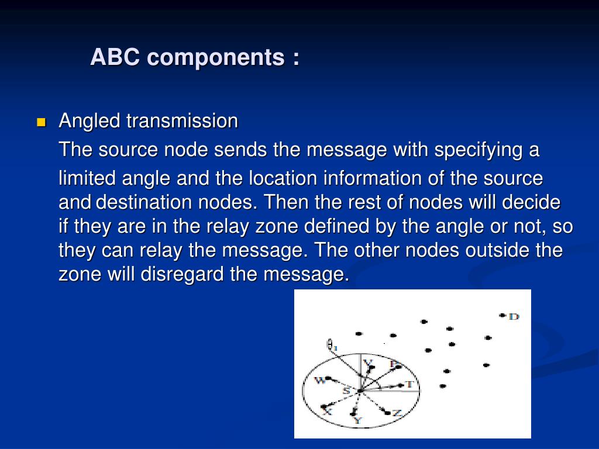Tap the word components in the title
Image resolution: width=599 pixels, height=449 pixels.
(x=215, y=57)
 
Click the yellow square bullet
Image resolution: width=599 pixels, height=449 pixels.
(x=41, y=123)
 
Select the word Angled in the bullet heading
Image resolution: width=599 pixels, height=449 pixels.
(x=90, y=122)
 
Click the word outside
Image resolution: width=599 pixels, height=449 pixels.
(x=497, y=251)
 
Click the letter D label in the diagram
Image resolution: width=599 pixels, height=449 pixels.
(x=514, y=316)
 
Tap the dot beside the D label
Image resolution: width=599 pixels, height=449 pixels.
(x=502, y=316)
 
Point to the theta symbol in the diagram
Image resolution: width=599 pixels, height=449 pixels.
(x=331, y=346)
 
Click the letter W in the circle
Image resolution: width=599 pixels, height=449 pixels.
(x=319, y=381)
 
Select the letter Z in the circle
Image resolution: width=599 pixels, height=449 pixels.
(x=397, y=413)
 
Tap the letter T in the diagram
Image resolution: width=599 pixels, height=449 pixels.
(x=409, y=384)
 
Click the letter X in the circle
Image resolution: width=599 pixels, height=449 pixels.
(x=328, y=412)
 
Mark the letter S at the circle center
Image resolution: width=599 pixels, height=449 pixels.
(x=346, y=390)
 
